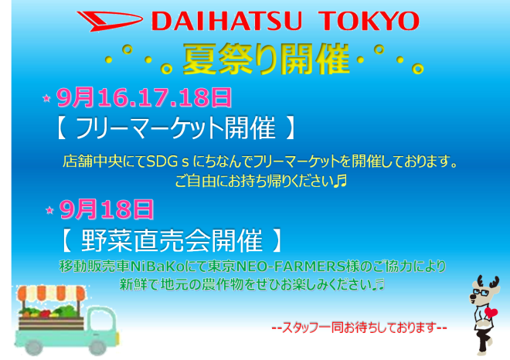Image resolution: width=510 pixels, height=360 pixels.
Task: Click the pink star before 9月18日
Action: coord(49,209)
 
